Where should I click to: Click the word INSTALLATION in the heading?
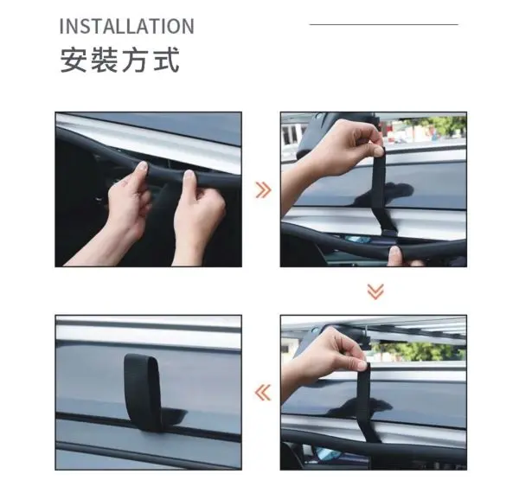click(x=127, y=27)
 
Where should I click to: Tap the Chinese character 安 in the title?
click(x=74, y=60)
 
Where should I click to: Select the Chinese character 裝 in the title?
click(x=104, y=60)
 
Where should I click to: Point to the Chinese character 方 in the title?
click(x=135, y=60)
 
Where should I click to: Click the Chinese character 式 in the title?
click(x=166, y=60)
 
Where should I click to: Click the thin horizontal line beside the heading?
click(x=383, y=24)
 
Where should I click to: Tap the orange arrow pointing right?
click(x=264, y=190)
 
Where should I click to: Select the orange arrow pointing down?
click(x=375, y=292)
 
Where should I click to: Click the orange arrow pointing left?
click(x=263, y=393)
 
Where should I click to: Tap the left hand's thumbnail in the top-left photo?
click(x=143, y=166)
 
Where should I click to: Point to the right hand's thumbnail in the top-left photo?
click(x=189, y=176)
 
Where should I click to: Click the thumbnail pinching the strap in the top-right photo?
click(x=377, y=151)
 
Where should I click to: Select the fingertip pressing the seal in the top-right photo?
click(x=394, y=255)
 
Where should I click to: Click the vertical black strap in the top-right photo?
click(x=381, y=189)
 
